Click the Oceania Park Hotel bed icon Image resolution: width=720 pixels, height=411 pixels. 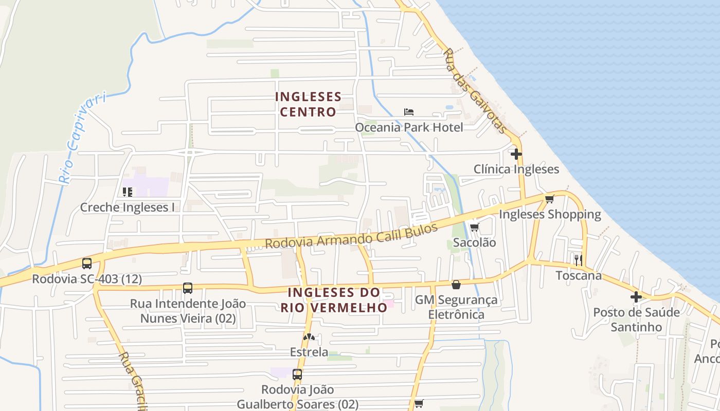pos(409,112)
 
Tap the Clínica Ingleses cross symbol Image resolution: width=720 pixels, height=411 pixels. pos(516,154)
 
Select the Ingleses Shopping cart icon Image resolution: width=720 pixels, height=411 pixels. pos(550,199)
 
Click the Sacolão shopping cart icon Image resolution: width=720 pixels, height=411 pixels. pos(474,227)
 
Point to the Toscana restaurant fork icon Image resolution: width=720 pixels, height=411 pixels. pos(579,260)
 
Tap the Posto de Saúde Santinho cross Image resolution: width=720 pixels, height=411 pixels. pos(636,297)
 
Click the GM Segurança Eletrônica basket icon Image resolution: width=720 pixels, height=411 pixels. pos(456,285)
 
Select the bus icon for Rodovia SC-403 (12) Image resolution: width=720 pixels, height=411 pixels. pos(87,264)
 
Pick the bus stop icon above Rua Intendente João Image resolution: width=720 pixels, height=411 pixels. pos(188,288)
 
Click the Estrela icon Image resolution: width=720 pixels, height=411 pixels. pos(309,337)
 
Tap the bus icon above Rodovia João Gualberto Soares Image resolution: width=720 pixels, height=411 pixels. pos(297,374)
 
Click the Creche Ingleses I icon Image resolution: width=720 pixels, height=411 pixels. pos(127,192)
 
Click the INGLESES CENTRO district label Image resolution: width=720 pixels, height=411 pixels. pos(308,104)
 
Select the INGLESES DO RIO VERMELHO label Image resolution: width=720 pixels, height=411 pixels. pos(334,300)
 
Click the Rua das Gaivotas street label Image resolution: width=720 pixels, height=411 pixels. pos(476,91)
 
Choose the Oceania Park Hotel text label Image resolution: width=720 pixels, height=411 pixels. pos(409,127)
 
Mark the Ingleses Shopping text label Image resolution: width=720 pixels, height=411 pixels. pos(550,214)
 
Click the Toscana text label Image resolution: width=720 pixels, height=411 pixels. pos(579,275)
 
